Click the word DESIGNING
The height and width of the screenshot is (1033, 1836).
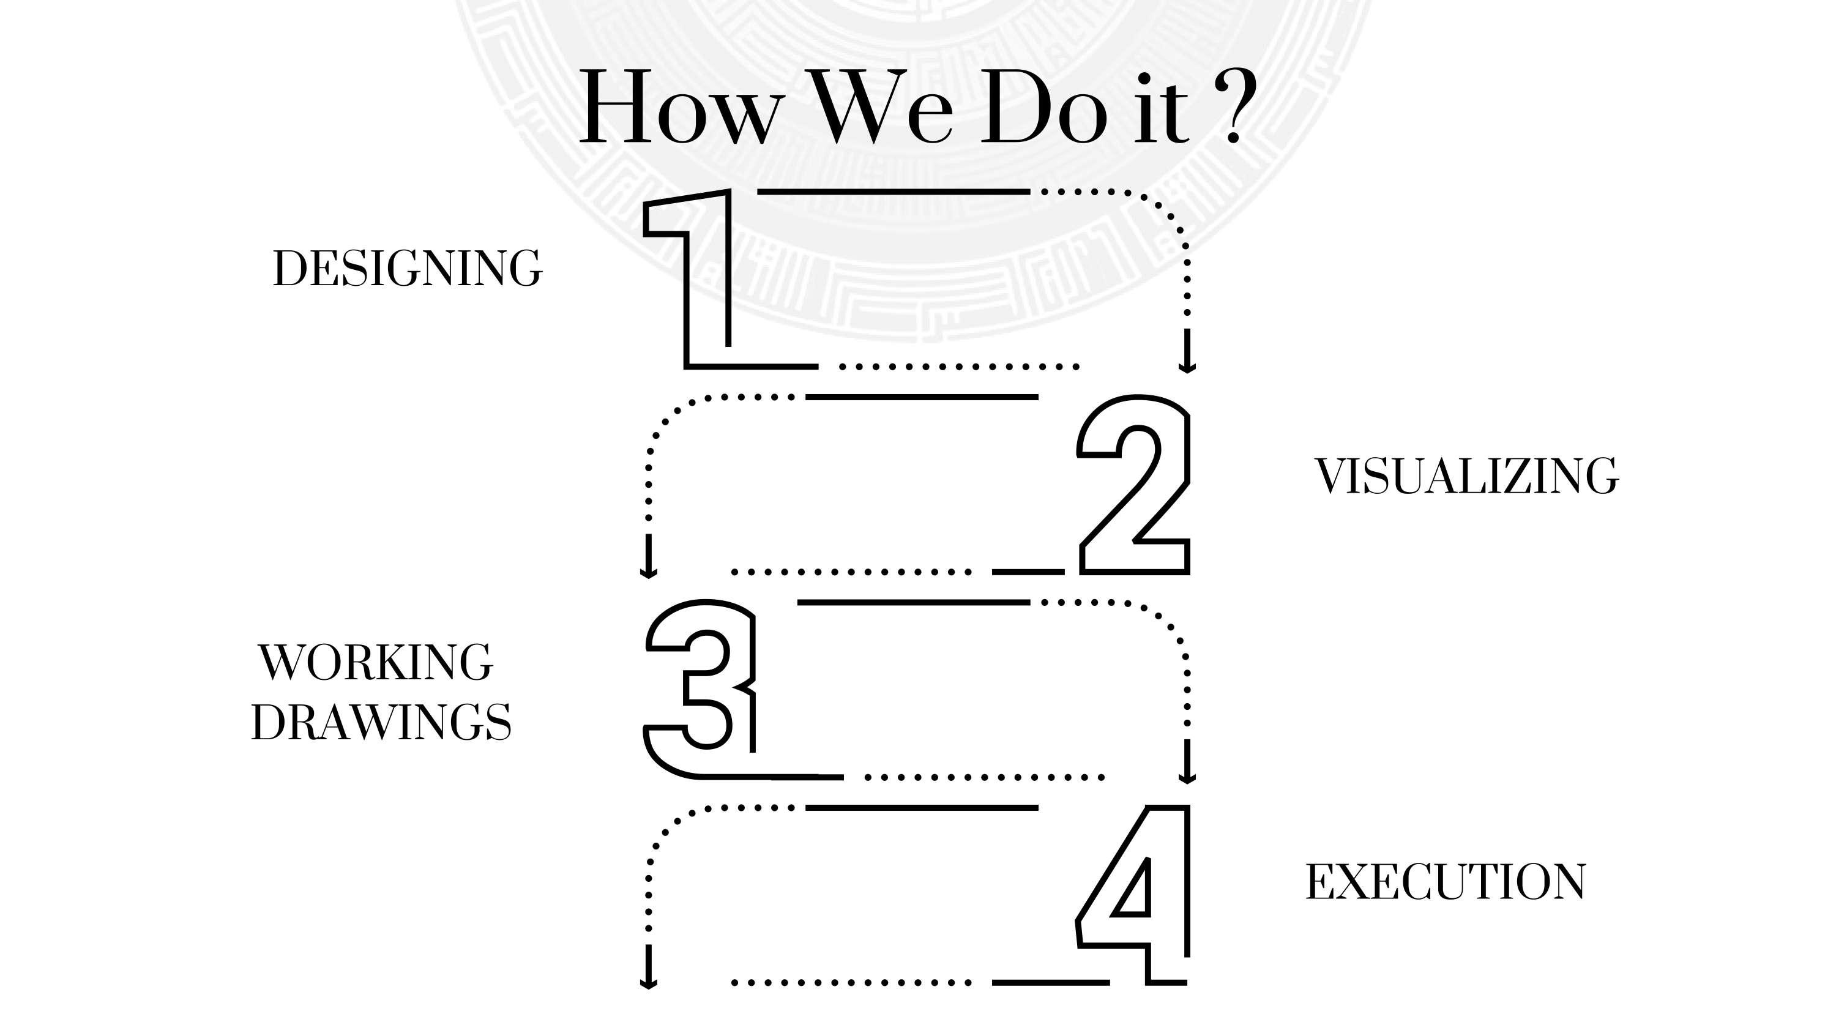coord(407,269)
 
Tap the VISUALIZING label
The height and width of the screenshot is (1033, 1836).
coord(1466,475)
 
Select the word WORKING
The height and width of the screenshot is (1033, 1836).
coord(376,662)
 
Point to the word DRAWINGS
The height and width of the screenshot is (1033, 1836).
coord(381,722)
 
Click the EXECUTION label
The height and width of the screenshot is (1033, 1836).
coord(1446,882)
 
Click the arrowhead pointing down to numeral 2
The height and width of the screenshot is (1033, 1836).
coord(1187,363)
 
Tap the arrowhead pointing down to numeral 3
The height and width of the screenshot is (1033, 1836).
coord(648,568)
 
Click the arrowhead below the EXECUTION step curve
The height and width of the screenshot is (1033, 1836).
coord(648,980)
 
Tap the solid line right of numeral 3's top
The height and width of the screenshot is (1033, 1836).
coord(913,602)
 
